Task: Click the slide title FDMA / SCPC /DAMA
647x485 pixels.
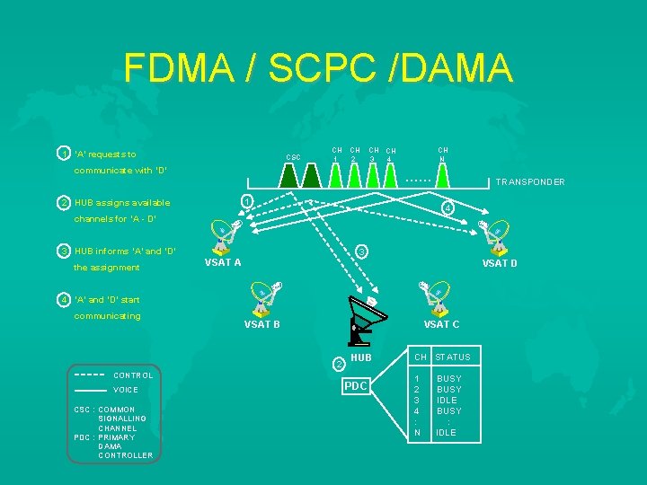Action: click(318, 68)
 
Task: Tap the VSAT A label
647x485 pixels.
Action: click(223, 263)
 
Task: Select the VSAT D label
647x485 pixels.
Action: click(500, 263)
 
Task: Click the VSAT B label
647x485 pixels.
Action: click(262, 324)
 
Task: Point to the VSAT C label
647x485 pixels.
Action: click(441, 324)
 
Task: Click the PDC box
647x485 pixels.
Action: click(355, 386)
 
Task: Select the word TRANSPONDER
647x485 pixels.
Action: click(530, 182)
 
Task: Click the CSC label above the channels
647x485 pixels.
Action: click(294, 157)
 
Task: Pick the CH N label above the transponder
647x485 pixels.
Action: click(443, 154)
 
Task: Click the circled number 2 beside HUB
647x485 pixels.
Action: click(338, 364)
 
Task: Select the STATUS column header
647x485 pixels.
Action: click(453, 357)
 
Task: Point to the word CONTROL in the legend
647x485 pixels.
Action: click(133, 375)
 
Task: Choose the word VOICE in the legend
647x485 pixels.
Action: click(126, 391)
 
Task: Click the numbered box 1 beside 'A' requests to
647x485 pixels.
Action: click(64, 154)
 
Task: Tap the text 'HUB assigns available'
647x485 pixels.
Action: click(122, 203)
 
